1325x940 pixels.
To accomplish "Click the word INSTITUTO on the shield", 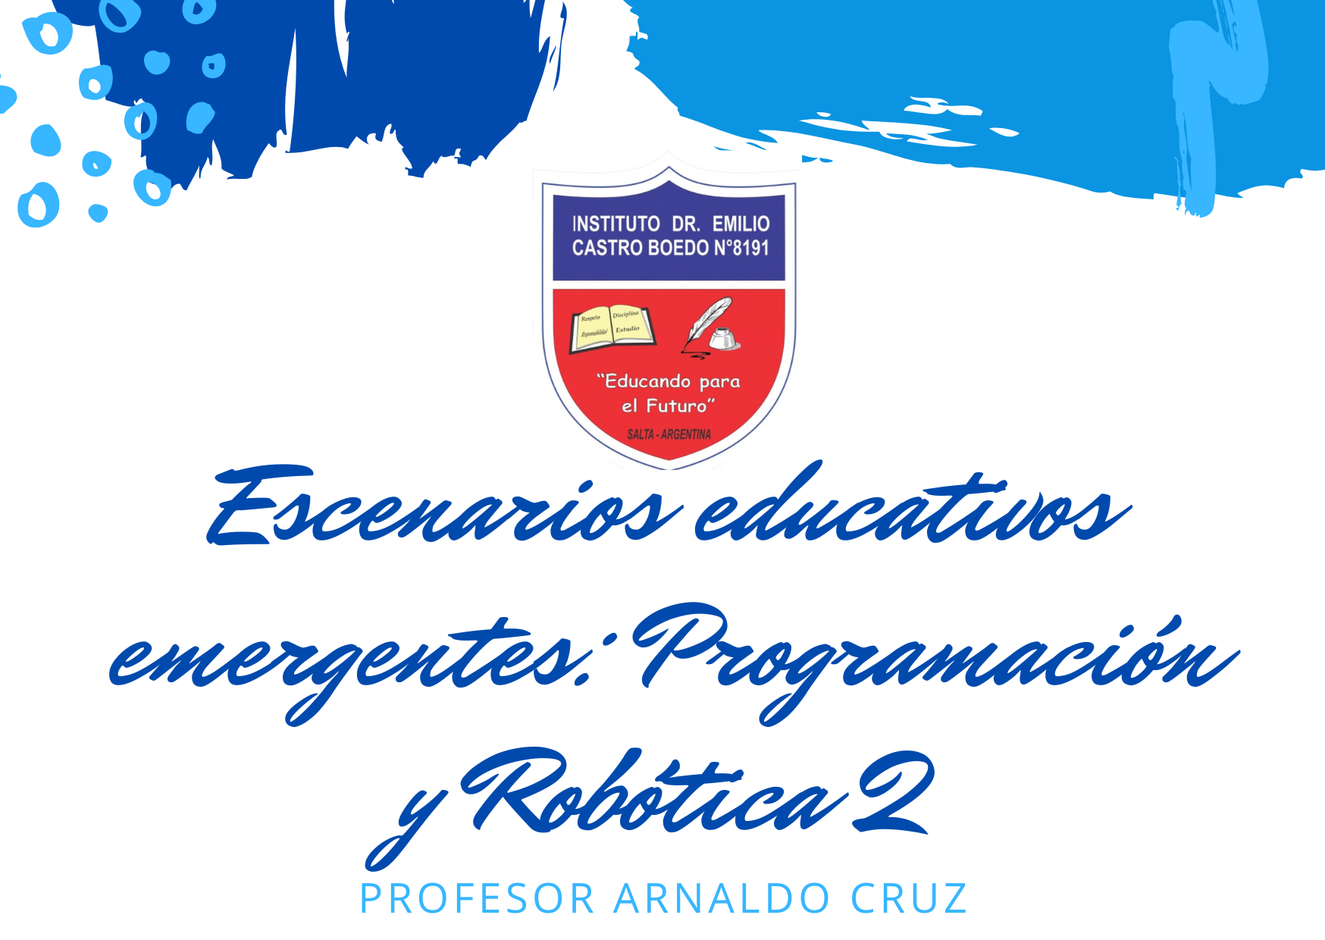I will pyautogui.click(x=616, y=224).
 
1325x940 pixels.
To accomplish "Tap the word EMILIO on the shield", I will pyautogui.click(x=741, y=224).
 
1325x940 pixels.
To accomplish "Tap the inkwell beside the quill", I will pyautogui.click(x=724, y=338).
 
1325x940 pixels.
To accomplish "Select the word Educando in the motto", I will pyautogui.click(x=646, y=381).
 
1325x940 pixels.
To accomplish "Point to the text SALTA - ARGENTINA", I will pyautogui.click(x=669, y=434).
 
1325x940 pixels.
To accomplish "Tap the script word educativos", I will pyautogui.click(x=910, y=508).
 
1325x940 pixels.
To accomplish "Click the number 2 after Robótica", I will pyautogui.click(x=894, y=792).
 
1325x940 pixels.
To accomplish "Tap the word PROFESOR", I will pyautogui.click(x=477, y=899).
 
